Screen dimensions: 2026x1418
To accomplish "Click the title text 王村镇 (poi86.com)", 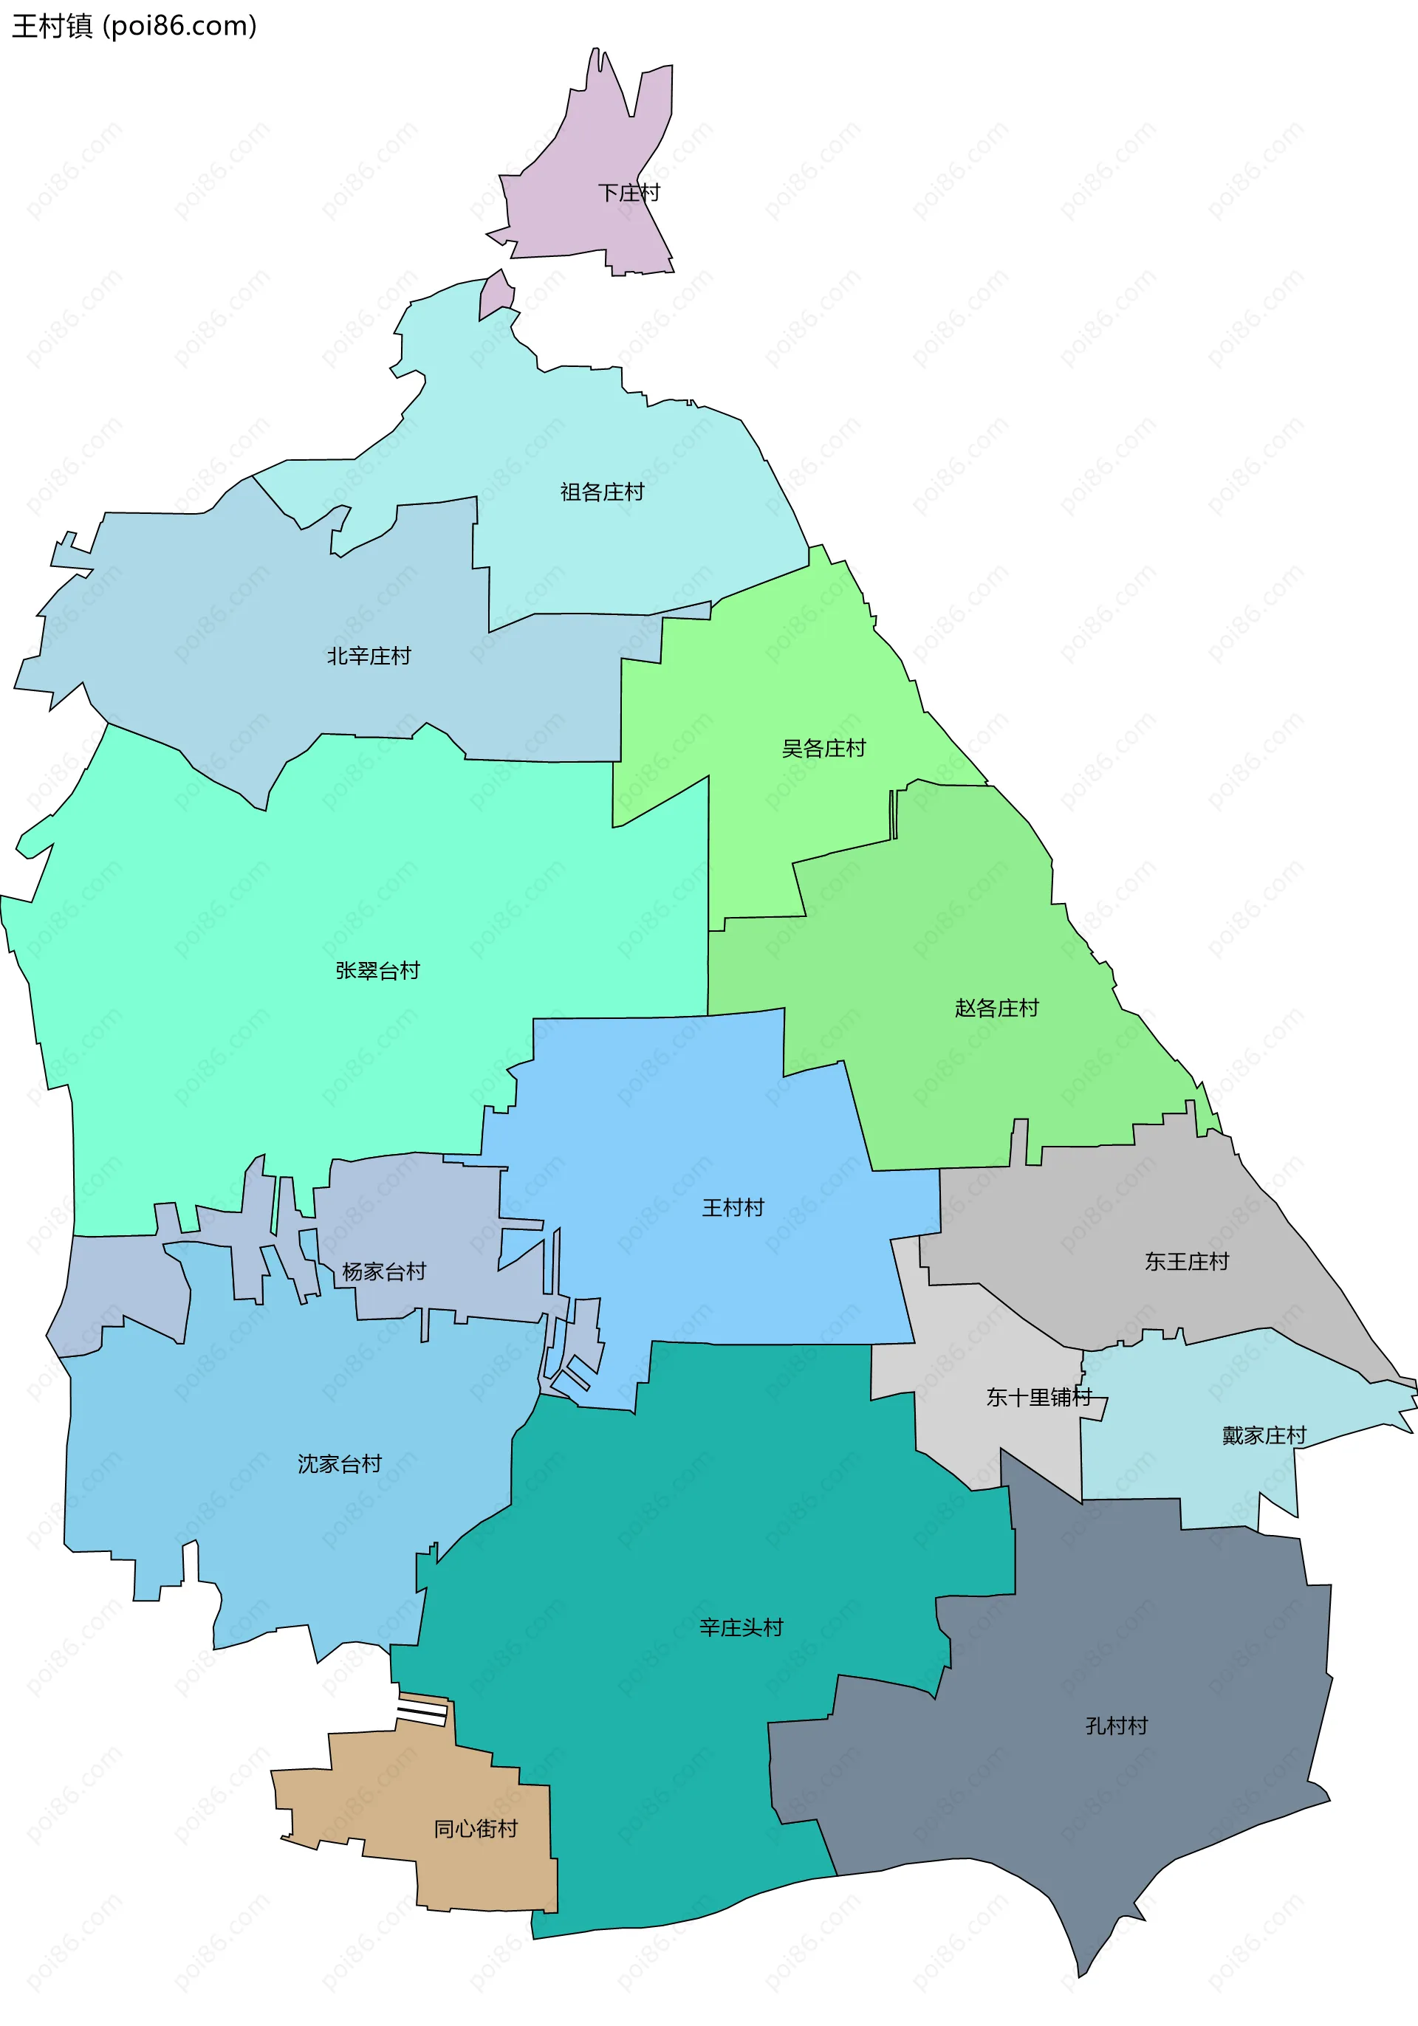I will [x=134, y=27].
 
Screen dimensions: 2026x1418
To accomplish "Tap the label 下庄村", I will [x=628, y=193].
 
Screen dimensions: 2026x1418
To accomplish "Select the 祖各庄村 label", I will [x=602, y=492].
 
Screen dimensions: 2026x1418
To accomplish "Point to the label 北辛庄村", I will [x=369, y=656].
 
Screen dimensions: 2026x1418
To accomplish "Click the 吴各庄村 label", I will [x=823, y=748].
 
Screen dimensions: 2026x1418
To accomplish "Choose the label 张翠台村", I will [x=377, y=971].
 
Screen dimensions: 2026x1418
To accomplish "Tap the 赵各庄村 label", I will [x=996, y=1008].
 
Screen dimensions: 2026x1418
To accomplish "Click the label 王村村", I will [x=733, y=1207].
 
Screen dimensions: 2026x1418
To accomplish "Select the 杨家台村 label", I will [x=384, y=1271].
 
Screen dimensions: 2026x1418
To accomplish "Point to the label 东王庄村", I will [x=1186, y=1262].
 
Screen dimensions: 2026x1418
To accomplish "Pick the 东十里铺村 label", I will [x=1038, y=1397].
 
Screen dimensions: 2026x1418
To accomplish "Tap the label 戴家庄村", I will [x=1264, y=1435].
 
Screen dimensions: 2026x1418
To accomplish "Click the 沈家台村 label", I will [x=339, y=1464].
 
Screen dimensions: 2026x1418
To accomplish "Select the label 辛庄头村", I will [x=741, y=1627].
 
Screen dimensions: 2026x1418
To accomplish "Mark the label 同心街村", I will [x=476, y=1828].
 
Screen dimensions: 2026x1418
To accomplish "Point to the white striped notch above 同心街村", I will [x=422, y=1714].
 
